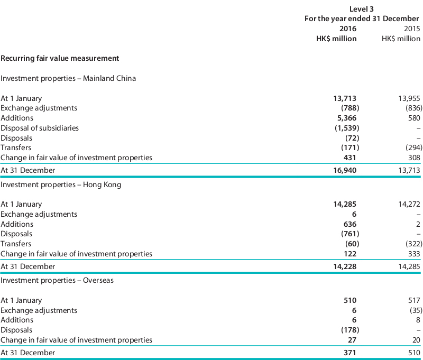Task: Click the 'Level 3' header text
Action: (x=361, y=9)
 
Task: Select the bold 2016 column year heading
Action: (x=348, y=29)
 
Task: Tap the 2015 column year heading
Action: (x=412, y=29)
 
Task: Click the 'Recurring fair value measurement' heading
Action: (x=60, y=59)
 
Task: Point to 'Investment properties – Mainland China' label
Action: (x=68, y=78)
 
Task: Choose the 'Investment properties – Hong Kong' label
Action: (x=61, y=184)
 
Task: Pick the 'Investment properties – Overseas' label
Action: (x=57, y=281)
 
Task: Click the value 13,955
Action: (x=409, y=98)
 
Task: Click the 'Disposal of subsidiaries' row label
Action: (x=40, y=128)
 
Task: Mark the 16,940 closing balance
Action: (x=345, y=170)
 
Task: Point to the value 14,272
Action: (x=409, y=205)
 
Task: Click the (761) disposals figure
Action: (x=350, y=234)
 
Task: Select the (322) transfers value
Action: (x=414, y=244)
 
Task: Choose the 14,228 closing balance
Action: (x=345, y=267)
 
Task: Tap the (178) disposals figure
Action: (x=350, y=330)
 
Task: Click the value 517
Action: (x=414, y=300)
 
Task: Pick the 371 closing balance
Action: (x=350, y=353)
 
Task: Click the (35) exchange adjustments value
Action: (x=416, y=310)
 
